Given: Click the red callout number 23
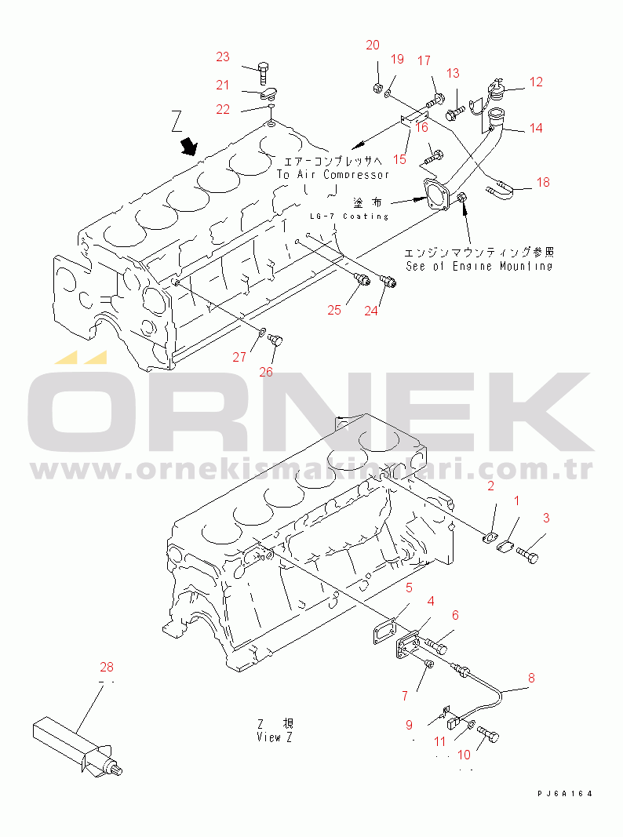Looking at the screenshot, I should pyautogui.click(x=224, y=56).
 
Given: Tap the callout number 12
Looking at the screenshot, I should pyautogui.click(x=536, y=82).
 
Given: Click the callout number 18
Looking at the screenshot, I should pyautogui.click(x=543, y=182).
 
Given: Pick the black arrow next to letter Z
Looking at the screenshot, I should pyautogui.click(x=189, y=147).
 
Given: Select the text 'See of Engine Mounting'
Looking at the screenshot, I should pyautogui.click(x=479, y=266).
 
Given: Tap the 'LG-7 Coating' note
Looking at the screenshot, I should pyautogui.click(x=348, y=216).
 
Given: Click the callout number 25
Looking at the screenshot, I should pyautogui.click(x=334, y=310).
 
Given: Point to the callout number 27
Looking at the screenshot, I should pyautogui.click(x=239, y=357).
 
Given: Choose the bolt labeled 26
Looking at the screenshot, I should pyautogui.click(x=275, y=340).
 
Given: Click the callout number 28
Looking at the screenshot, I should pyautogui.click(x=107, y=668).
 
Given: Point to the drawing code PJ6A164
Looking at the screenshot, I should pyautogui.click(x=565, y=794).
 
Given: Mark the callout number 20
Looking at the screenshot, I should pyautogui.click(x=373, y=45).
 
